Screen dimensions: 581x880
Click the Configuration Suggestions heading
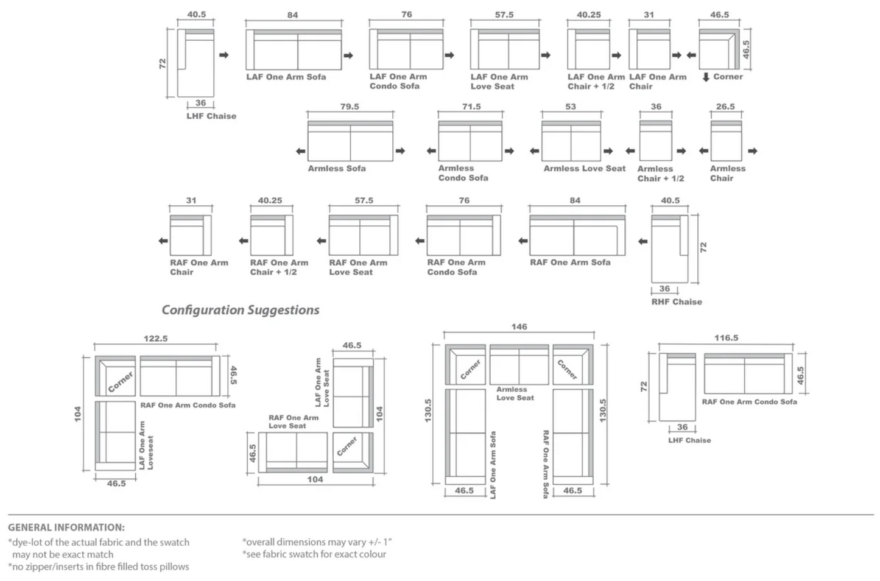click(240, 310)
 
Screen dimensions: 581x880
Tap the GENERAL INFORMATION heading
click(66, 527)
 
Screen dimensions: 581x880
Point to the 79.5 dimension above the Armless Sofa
click(350, 107)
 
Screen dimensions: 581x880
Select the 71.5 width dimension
click(471, 107)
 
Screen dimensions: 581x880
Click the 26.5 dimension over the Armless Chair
click(725, 107)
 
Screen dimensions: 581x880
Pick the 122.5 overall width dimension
click(155, 339)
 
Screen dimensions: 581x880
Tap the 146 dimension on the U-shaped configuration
click(519, 327)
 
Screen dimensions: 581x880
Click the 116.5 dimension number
click(726, 338)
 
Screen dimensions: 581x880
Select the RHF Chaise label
click(677, 301)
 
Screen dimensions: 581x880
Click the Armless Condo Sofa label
click(463, 173)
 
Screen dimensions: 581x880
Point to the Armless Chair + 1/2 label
click(660, 174)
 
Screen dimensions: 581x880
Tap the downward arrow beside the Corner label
click(706, 77)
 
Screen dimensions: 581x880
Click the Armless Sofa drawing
click(350, 141)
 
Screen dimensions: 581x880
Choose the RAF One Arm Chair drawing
click(191, 235)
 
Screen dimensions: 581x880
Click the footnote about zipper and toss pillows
click(99, 566)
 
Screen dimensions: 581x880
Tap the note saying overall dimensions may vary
click(317, 541)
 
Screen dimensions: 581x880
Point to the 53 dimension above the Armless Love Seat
click(571, 107)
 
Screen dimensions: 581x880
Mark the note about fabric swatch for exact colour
click(314, 554)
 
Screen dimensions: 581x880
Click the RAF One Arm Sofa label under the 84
click(570, 262)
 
